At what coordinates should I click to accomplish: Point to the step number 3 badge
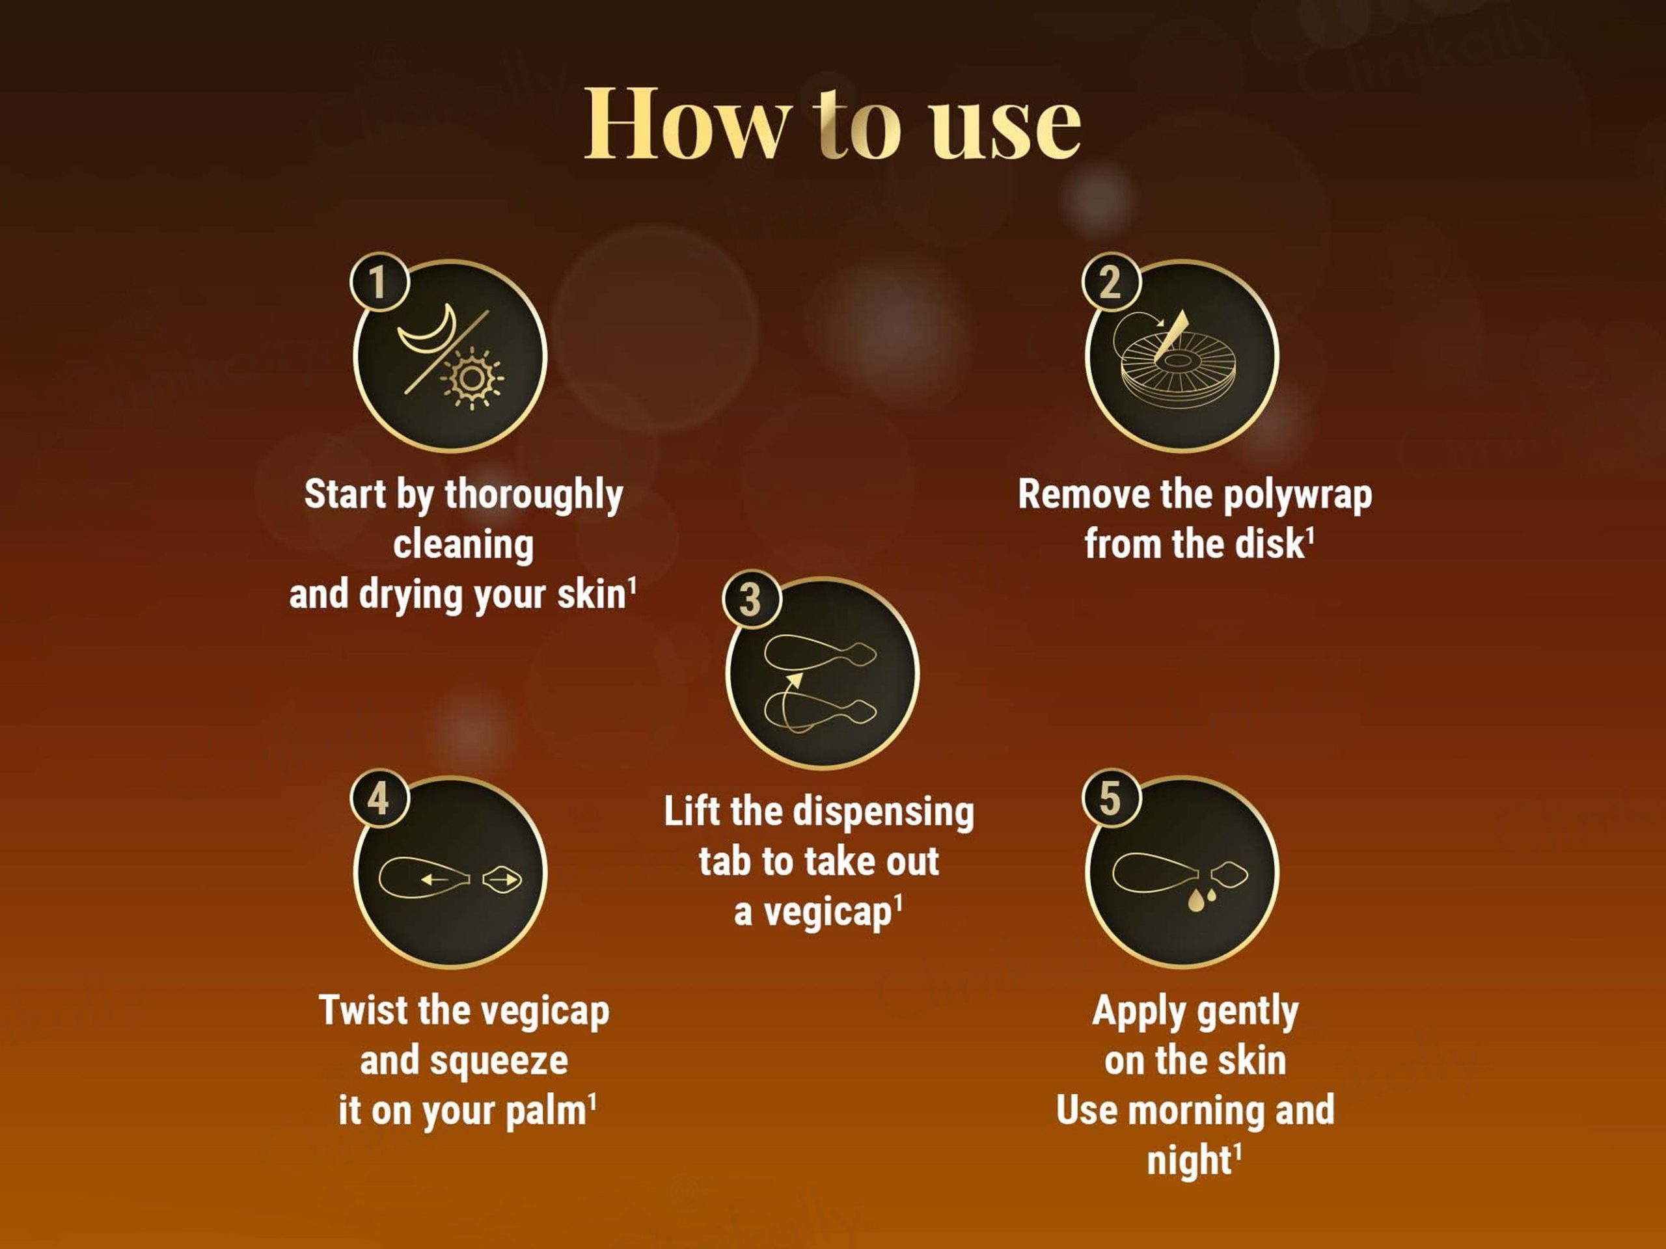click(750, 600)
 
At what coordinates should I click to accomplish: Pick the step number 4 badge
click(378, 799)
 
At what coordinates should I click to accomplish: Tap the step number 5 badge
click(1110, 799)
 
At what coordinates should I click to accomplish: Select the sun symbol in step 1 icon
click(472, 378)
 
